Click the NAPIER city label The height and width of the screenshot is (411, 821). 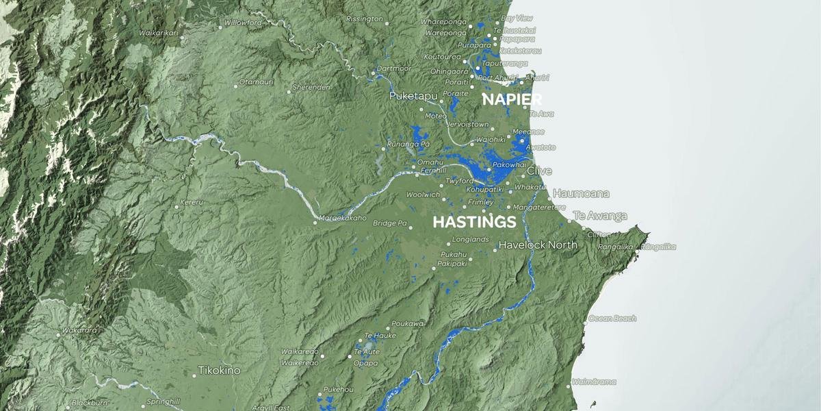point(512,99)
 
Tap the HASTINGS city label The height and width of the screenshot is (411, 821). point(474,222)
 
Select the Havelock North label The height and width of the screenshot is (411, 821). point(538,245)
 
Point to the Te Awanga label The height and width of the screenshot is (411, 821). point(600,216)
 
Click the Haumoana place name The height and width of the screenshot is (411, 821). point(581,193)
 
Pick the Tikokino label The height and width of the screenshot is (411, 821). point(219,371)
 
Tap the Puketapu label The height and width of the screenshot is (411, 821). point(413,97)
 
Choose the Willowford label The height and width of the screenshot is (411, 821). point(243,23)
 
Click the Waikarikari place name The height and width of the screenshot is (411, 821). point(158,32)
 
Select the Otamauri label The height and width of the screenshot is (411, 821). point(257,82)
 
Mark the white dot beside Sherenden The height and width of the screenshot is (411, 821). point(289,92)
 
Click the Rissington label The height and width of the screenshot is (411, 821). point(365,19)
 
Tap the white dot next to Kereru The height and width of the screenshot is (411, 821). point(177,206)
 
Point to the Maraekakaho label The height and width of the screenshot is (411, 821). point(343,219)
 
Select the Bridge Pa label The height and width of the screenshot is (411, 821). point(389,223)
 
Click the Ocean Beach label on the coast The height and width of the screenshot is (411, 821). point(612,319)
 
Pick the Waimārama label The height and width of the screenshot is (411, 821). point(594,382)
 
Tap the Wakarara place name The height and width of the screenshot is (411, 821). point(79,330)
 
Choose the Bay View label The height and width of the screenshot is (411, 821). point(517,18)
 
